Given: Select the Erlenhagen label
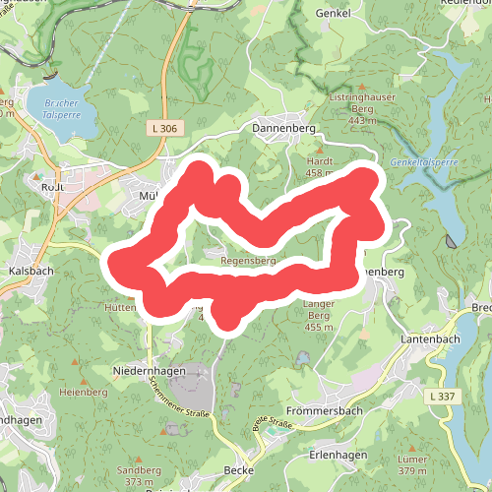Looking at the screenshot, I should click(337, 454).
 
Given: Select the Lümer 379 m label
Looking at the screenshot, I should click(412, 465).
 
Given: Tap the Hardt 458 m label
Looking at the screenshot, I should click(322, 166).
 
